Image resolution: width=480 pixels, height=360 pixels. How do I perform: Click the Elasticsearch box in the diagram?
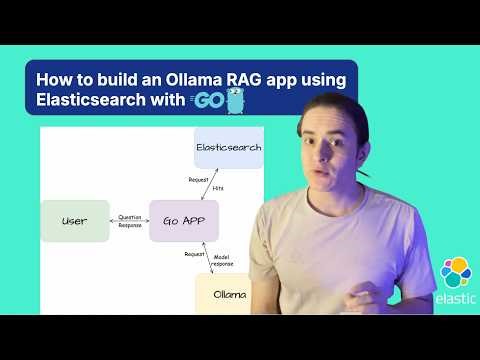click(x=227, y=148)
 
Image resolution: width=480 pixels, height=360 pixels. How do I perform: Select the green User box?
click(x=75, y=221)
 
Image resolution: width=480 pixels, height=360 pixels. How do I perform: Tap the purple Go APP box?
click(x=183, y=221)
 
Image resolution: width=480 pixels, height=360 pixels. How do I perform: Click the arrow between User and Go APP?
click(x=129, y=221)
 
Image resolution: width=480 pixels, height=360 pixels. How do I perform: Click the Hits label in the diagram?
click(x=219, y=187)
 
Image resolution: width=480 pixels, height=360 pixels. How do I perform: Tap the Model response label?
click(x=224, y=262)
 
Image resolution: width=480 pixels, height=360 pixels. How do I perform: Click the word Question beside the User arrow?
click(x=130, y=215)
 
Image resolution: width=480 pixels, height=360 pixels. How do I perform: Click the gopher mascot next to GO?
click(x=235, y=99)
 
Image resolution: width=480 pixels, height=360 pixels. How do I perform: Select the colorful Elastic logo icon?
click(x=457, y=271)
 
